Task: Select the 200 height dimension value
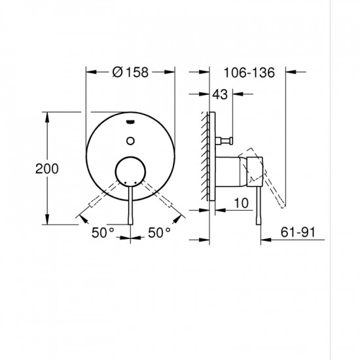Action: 47,168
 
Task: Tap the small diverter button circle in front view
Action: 131,139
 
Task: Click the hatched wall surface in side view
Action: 206,157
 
